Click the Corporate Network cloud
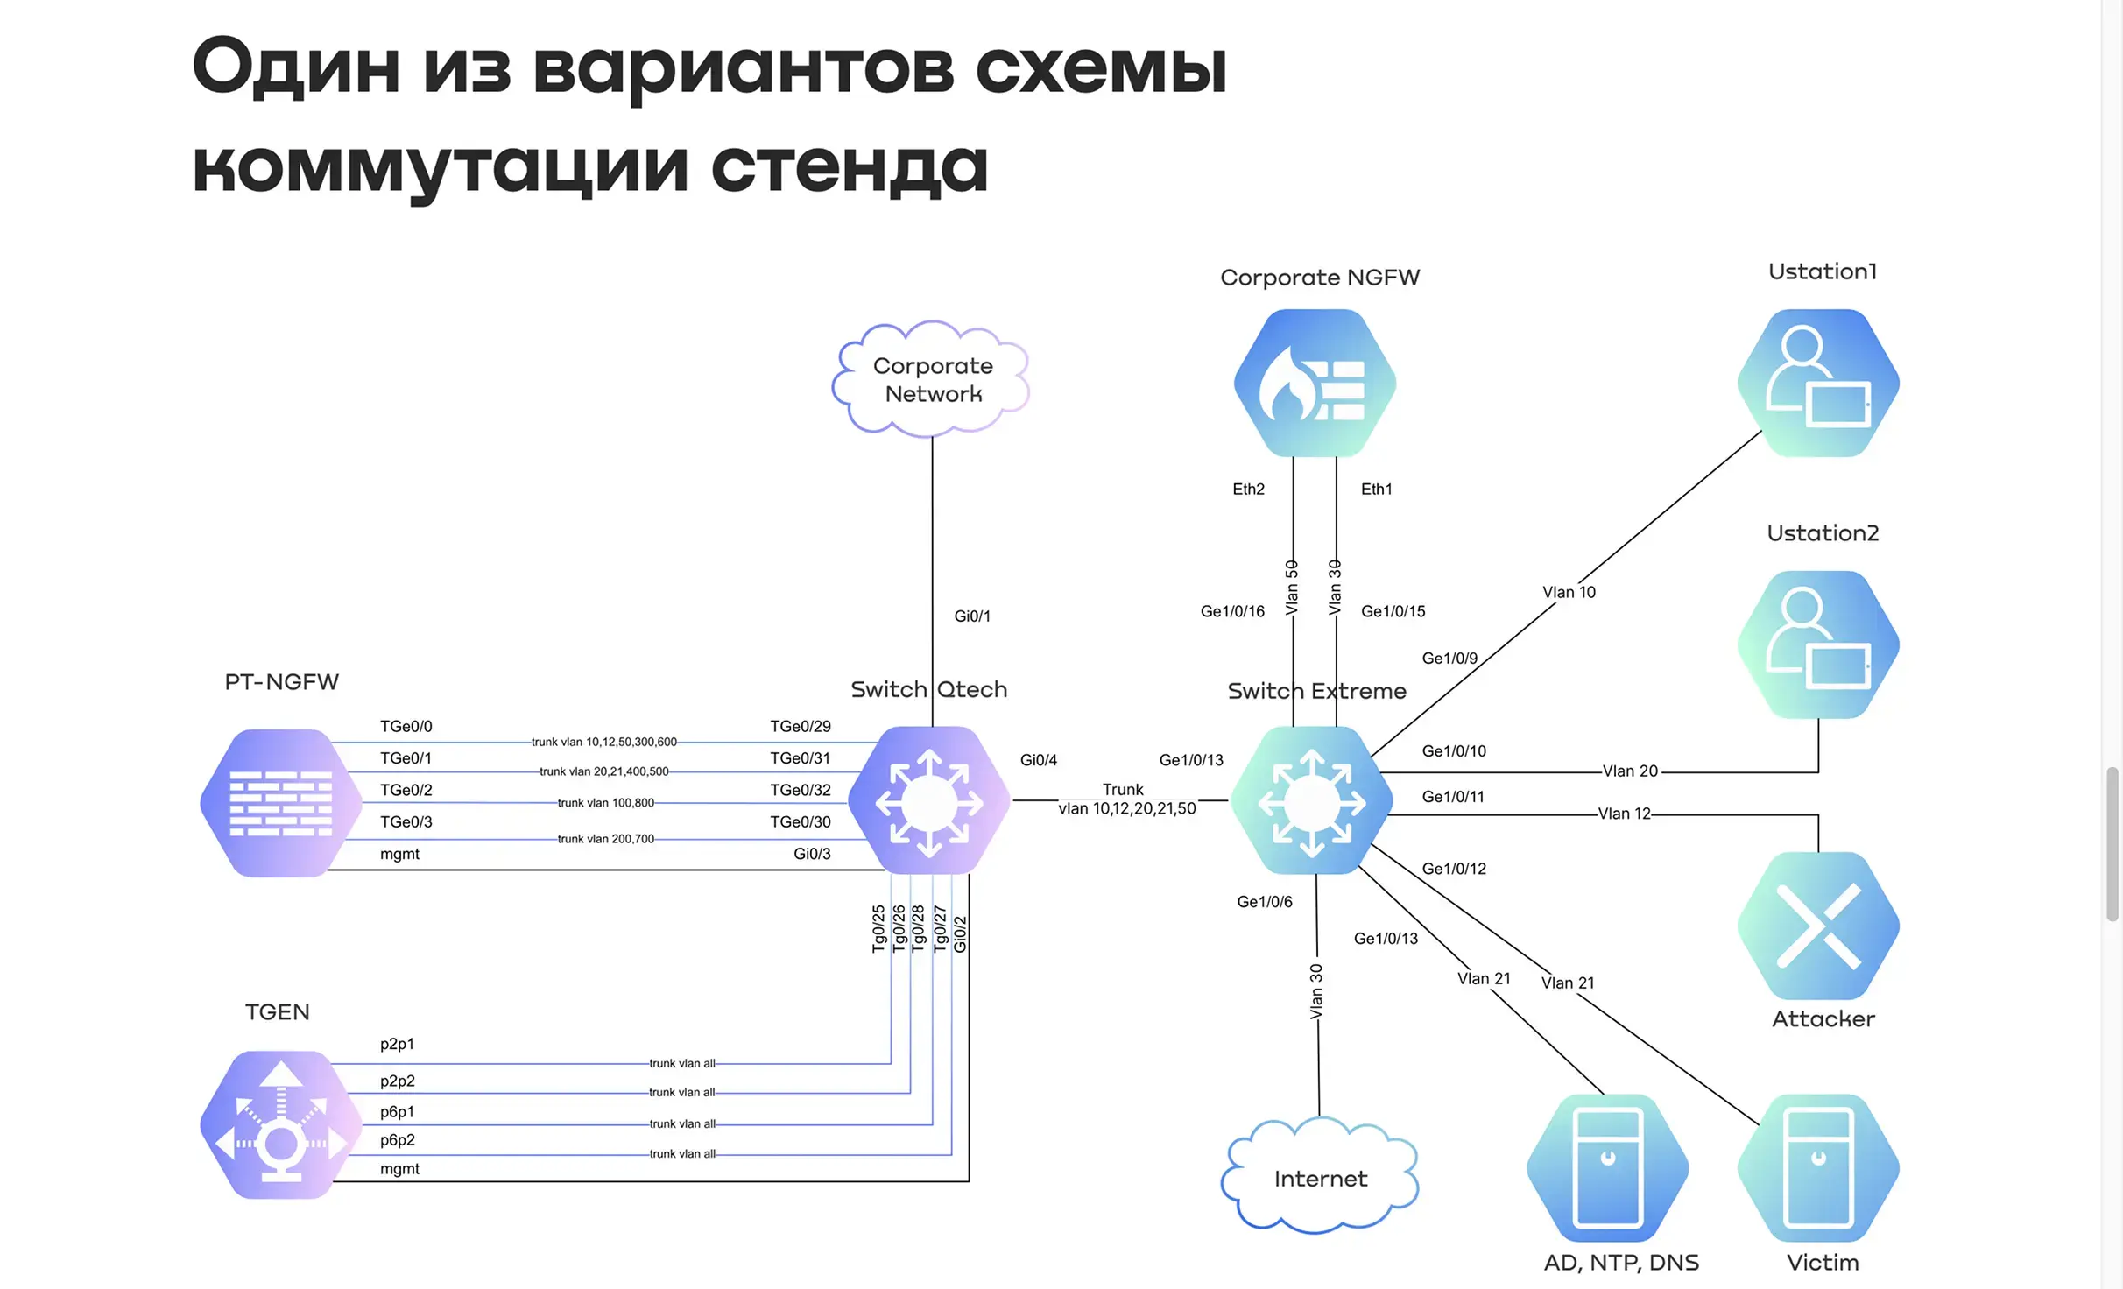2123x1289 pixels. click(x=932, y=379)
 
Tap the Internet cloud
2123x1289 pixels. click(x=1320, y=1178)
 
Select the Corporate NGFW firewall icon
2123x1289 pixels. click(x=1314, y=383)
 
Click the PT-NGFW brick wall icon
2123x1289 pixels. click(x=280, y=802)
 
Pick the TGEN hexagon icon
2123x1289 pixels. click(x=280, y=1124)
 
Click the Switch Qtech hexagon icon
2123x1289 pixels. click(x=929, y=800)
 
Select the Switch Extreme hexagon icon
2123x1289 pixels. click(x=1311, y=800)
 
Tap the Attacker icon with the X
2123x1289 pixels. click(x=1818, y=926)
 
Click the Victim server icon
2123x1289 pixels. click(x=1818, y=1167)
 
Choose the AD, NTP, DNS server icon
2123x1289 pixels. click(x=1607, y=1167)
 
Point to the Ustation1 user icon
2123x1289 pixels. click(x=1818, y=383)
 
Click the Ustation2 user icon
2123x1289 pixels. click(x=1818, y=644)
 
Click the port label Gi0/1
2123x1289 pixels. click(x=972, y=616)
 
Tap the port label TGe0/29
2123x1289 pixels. click(x=800, y=726)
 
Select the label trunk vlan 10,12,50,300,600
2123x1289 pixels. click(x=603, y=742)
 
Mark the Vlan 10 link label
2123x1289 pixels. click(x=1569, y=592)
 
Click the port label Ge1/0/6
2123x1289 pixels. click(x=1264, y=901)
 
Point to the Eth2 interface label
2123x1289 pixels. click(x=1248, y=489)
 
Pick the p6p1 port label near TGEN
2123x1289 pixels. click(x=397, y=1111)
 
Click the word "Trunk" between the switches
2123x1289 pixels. click(x=1123, y=789)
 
